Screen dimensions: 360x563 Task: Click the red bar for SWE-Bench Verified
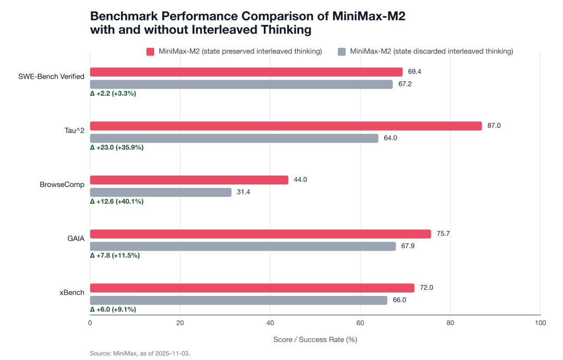tap(246, 72)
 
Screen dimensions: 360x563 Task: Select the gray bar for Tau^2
tap(234, 138)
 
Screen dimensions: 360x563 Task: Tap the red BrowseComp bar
tap(189, 180)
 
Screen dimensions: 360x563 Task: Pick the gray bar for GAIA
tap(243, 246)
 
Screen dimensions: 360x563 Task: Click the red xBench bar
tap(252, 288)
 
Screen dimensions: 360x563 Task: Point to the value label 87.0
tap(494, 126)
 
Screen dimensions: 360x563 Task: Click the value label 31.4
tap(245, 192)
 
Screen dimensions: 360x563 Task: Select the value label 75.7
tap(443, 234)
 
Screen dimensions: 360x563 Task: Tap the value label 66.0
tap(399, 300)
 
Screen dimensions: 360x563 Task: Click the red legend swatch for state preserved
tap(150, 52)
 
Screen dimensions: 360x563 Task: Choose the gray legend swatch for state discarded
tap(342, 52)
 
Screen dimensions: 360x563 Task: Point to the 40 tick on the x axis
tap(270, 324)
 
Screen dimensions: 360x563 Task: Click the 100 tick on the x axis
tap(540, 324)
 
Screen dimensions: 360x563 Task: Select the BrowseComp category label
tap(62, 184)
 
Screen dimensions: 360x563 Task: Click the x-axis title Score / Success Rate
tap(315, 339)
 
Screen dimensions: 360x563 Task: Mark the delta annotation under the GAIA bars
tap(115, 255)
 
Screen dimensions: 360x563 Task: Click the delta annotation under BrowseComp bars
tap(117, 201)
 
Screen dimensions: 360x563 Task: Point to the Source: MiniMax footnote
tap(140, 353)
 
